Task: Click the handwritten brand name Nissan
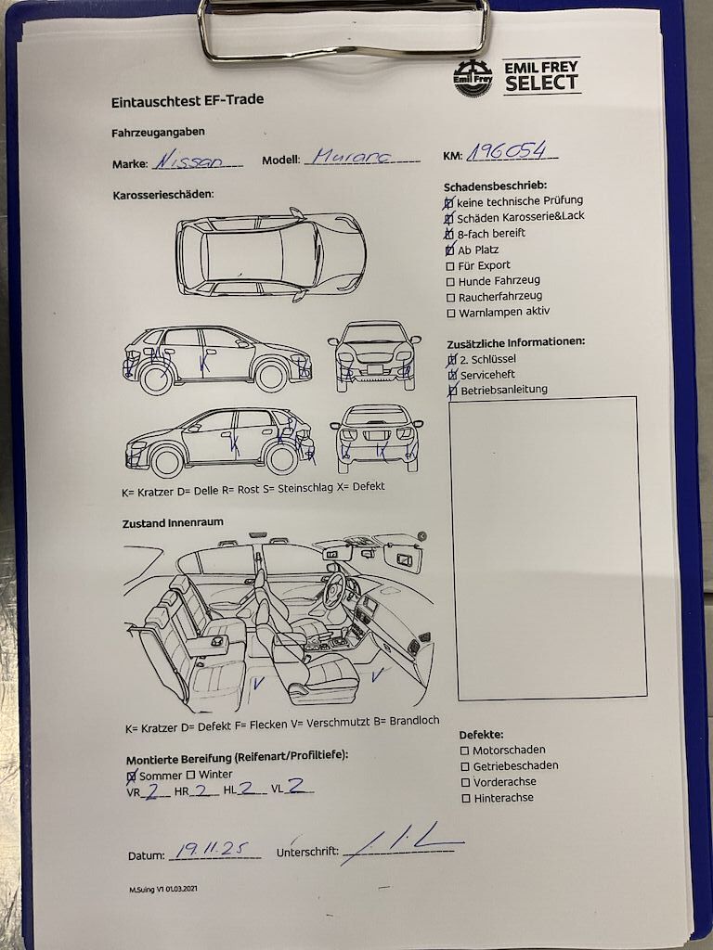(188, 160)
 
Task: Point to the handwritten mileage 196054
(507, 151)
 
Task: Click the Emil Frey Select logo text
(541, 76)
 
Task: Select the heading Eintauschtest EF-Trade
(188, 100)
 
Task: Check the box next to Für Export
(450, 266)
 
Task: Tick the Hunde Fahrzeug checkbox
(450, 282)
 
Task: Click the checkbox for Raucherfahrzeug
(450, 298)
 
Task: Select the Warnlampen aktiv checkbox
(451, 314)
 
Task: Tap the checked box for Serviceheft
(452, 376)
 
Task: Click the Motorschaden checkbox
(464, 751)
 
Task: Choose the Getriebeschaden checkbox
(465, 767)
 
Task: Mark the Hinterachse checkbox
(466, 799)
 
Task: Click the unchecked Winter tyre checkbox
(190, 775)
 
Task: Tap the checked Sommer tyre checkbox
(132, 777)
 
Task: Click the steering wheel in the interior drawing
(334, 589)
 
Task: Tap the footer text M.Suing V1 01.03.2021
(163, 889)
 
